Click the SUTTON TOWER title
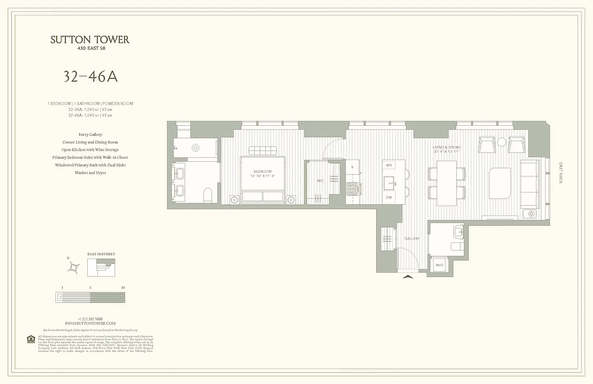(x=90, y=40)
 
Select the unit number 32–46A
(x=90, y=77)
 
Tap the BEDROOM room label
(x=262, y=171)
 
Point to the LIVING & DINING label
(x=446, y=147)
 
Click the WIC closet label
(x=320, y=181)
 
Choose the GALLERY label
(x=412, y=239)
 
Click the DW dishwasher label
(x=389, y=198)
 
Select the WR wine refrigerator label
(x=389, y=165)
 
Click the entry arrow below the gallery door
(x=408, y=276)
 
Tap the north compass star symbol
(x=73, y=268)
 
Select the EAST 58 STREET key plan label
(x=101, y=254)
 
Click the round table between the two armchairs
(x=501, y=142)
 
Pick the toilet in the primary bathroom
(x=208, y=194)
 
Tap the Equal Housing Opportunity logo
(x=31, y=339)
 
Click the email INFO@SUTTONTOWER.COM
(x=90, y=324)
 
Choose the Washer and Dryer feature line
(x=90, y=173)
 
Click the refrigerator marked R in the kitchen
(x=352, y=167)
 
